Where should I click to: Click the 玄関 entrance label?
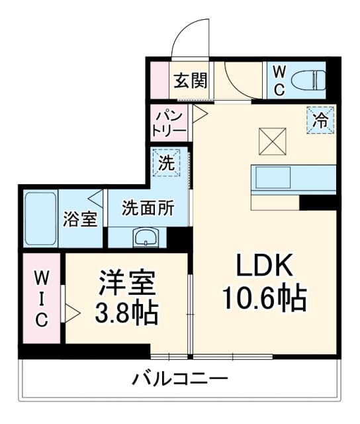191,81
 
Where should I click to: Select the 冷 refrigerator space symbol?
320,121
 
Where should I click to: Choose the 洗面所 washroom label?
148,208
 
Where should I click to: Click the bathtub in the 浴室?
40,218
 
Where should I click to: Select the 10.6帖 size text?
263,299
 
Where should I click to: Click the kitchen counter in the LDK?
294,178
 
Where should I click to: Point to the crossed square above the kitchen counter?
271,139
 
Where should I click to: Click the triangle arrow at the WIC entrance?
72,310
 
